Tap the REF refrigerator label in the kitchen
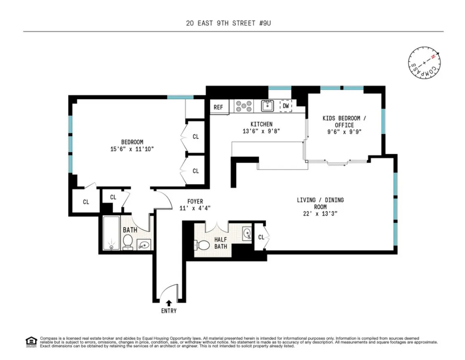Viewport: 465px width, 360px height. coord(218,107)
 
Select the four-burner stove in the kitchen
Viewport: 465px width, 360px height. coord(244,106)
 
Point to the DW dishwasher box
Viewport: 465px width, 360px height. coord(286,106)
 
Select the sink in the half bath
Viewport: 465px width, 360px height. coord(247,234)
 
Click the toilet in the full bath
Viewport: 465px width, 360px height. coord(128,242)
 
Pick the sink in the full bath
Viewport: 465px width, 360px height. coord(144,245)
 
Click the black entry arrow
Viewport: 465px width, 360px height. coord(168,303)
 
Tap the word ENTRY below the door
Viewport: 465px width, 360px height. coord(168,311)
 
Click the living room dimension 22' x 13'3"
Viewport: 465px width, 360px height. coord(320,213)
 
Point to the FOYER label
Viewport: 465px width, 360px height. coord(195,201)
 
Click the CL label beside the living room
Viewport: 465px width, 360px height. coord(261,237)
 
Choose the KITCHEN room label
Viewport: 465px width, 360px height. coord(261,124)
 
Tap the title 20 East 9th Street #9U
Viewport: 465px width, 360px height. coord(228,23)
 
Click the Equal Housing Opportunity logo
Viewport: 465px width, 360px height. coord(31,341)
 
